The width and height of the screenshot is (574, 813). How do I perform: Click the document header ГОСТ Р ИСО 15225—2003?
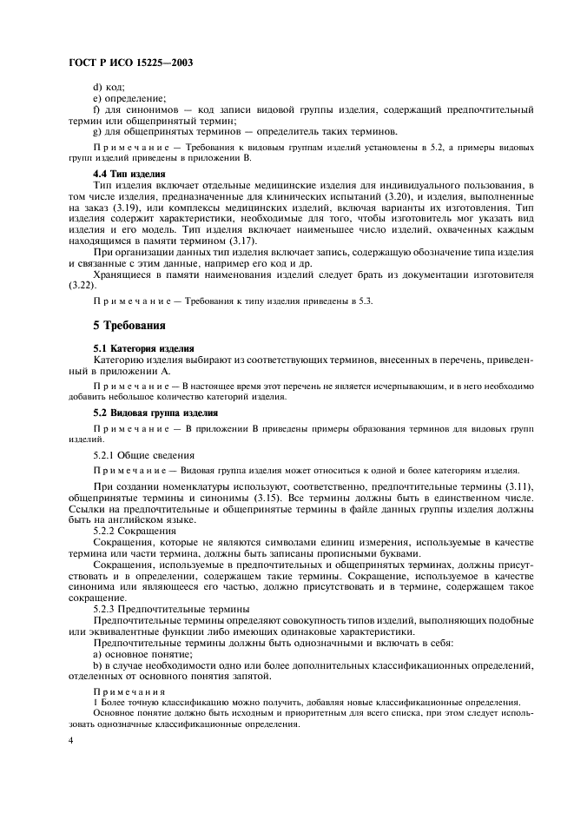point(129,62)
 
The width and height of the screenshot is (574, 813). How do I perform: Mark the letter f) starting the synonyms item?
point(96,109)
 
